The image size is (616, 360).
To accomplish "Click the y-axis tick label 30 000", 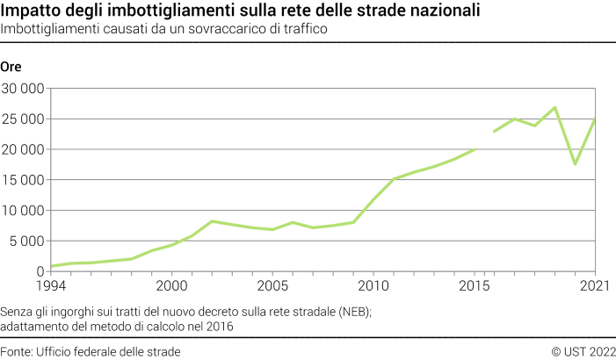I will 23,89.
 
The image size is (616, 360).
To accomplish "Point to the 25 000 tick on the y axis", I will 23,119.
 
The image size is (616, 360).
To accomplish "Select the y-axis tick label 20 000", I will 23,149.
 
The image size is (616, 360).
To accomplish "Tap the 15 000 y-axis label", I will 23,180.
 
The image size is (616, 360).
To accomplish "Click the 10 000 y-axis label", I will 23,211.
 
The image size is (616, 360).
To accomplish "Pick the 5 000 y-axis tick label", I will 26,241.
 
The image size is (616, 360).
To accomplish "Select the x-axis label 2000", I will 171,285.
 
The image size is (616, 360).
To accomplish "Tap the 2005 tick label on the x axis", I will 272,285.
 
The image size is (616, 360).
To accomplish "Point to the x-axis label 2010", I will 373,285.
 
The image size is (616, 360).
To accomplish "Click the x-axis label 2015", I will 475,285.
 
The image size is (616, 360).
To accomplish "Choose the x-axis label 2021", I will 595,285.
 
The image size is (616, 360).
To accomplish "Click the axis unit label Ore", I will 11,68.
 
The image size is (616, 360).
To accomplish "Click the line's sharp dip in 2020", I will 576,164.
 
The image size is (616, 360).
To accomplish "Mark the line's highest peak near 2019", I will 555,107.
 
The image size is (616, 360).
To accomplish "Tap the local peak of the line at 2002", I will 212,221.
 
